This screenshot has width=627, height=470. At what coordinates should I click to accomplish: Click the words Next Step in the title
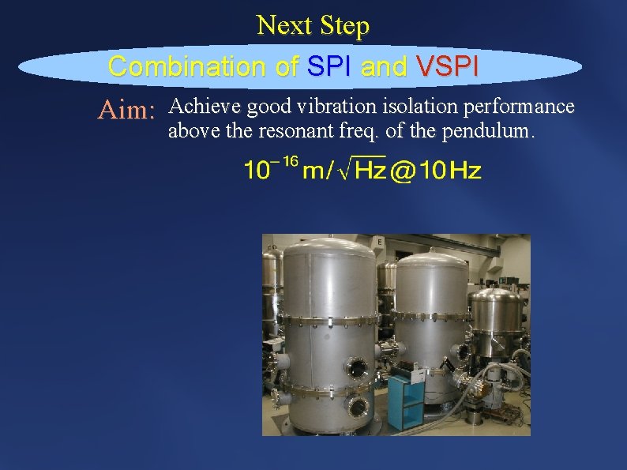[313, 26]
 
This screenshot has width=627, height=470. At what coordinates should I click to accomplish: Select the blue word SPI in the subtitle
[329, 66]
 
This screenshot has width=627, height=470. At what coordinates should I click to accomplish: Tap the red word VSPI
[448, 66]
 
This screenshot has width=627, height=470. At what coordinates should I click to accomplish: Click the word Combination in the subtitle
[187, 66]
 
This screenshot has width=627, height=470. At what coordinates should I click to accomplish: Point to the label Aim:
[126, 111]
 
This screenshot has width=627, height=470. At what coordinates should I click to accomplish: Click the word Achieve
[206, 106]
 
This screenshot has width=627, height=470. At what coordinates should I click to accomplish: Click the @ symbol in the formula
[403, 170]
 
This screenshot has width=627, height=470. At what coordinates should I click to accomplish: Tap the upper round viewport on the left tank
[358, 367]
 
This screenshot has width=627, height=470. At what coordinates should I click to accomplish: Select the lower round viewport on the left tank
[358, 408]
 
